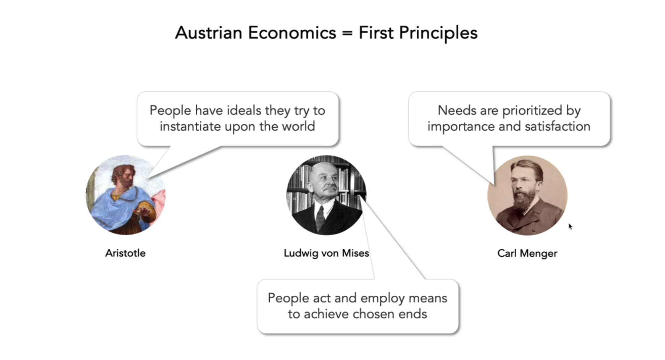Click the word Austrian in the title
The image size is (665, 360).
point(209,33)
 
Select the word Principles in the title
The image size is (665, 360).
point(438,34)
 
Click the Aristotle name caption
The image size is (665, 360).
point(125,253)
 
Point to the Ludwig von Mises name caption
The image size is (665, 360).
point(326,253)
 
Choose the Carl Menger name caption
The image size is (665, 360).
point(527,253)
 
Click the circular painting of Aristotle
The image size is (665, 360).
point(126,195)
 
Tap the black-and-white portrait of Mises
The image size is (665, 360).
point(326,195)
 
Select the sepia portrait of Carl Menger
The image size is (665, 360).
point(528,195)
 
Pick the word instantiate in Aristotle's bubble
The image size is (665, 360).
point(190,126)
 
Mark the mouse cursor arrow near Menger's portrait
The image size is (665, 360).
point(570,226)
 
